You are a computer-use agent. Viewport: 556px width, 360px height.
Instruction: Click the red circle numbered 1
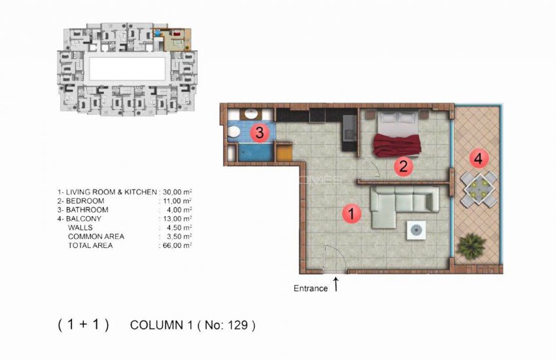(x=352, y=213)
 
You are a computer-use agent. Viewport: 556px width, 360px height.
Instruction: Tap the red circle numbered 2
(x=404, y=166)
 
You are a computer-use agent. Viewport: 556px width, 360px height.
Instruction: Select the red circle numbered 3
(x=260, y=134)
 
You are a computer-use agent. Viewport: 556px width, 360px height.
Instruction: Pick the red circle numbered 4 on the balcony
(x=479, y=159)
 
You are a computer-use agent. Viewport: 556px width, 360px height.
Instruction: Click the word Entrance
(x=311, y=289)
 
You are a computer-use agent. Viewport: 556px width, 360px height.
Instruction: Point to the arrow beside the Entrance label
(x=336, y=284)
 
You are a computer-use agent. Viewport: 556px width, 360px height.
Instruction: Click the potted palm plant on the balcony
(x=472, y=246)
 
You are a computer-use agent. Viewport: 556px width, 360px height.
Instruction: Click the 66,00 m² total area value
(x=176, y=245)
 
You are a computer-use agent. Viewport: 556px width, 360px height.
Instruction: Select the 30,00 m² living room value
(x=176, y=192)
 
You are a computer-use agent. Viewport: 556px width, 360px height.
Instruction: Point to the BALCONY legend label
(x=83, y=219)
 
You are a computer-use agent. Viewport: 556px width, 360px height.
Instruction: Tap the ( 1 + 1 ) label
(x=83, y=325)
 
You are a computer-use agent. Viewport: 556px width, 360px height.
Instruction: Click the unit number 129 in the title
(x=239, y=325)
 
